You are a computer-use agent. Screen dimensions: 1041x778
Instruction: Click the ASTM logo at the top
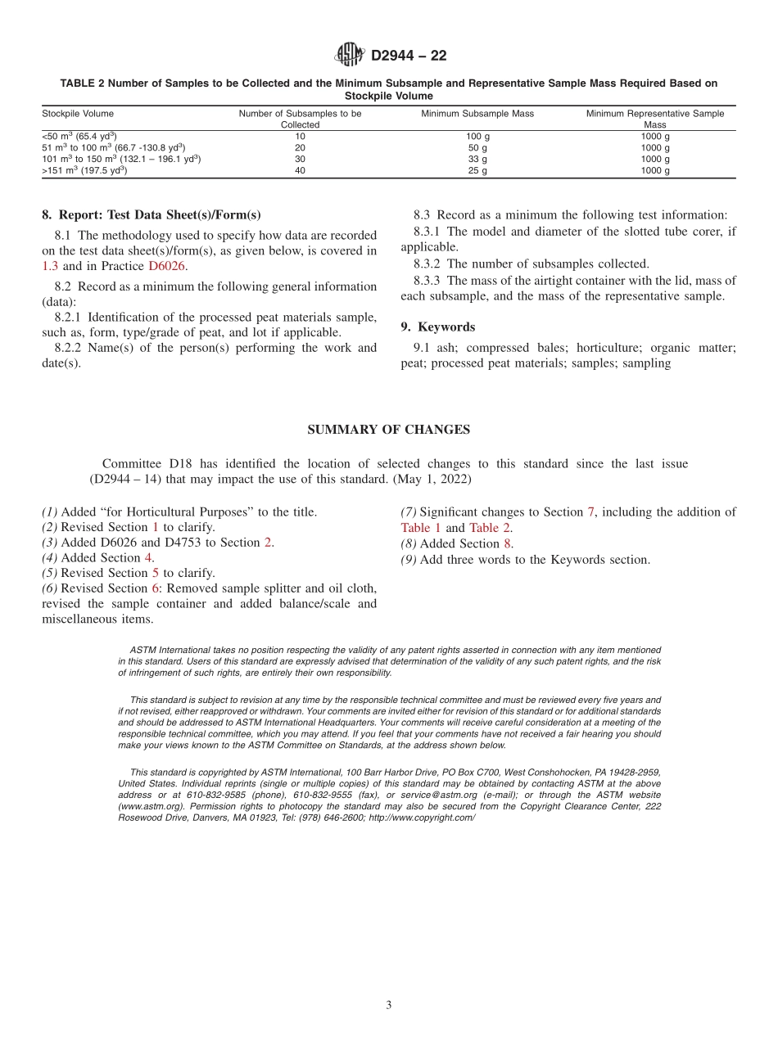click(349, 55)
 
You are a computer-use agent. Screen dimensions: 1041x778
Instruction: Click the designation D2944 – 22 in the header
click(409, 56)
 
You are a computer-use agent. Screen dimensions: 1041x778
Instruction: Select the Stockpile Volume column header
click(78, 114)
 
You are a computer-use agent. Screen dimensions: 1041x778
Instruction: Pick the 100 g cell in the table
click(477, 137)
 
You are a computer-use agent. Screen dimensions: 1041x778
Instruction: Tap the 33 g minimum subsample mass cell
click(477, 160)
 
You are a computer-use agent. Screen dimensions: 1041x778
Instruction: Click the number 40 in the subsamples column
click(300, 171)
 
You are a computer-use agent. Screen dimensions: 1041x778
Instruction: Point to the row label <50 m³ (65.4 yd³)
click(79, 137)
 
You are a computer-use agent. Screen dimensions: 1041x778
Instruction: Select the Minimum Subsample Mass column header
click(477, 114)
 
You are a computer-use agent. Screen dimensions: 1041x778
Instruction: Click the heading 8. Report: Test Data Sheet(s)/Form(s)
click(151, 215)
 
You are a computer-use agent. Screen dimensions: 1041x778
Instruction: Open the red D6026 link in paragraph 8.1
click(167, 266)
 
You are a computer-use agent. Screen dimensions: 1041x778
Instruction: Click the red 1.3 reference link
click(50, 266)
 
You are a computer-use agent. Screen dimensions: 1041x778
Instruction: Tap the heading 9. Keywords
click(437, 327)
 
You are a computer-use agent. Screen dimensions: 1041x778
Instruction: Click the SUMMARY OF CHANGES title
click(388, 430)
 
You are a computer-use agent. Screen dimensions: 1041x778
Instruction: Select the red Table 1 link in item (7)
click(421, 528)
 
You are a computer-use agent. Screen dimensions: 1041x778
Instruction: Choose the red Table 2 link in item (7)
click(490, 528)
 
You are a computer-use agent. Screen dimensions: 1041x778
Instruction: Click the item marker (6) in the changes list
click(50, 588)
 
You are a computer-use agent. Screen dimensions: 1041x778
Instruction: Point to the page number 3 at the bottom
click(389, 1005)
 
